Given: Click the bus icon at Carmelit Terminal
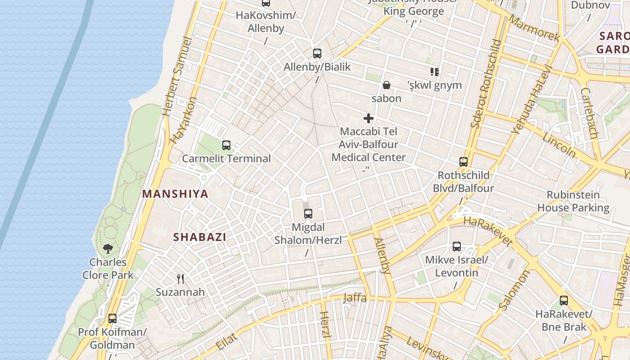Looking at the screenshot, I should [x=226, y=145].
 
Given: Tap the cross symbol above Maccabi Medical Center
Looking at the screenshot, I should [x=369, y=118].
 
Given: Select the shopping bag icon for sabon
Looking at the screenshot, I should [x=386, y=85].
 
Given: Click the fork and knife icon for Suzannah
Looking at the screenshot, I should [x=180, y=279].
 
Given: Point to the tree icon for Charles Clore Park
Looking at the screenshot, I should [x=108, y=248].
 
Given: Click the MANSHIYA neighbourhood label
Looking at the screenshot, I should [x=175, y=194].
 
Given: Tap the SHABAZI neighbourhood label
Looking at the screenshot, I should [x=200, y=237].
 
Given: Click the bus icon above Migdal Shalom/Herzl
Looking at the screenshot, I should [x=308, y=214].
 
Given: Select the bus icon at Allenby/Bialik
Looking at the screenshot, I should [x=317, y=54].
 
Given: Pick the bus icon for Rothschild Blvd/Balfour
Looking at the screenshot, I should [x=463, y=162].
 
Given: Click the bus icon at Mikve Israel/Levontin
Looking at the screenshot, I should [x=457, y=247].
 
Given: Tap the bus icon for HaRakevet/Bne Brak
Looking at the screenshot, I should [x=564, y=301].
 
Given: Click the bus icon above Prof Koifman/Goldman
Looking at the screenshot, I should [x=112, y=319].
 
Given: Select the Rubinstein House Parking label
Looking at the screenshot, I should [x=573, y=201].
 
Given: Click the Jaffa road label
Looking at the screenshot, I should [x=355, y=297].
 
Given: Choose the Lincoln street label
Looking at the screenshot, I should [x=559, y=145].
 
